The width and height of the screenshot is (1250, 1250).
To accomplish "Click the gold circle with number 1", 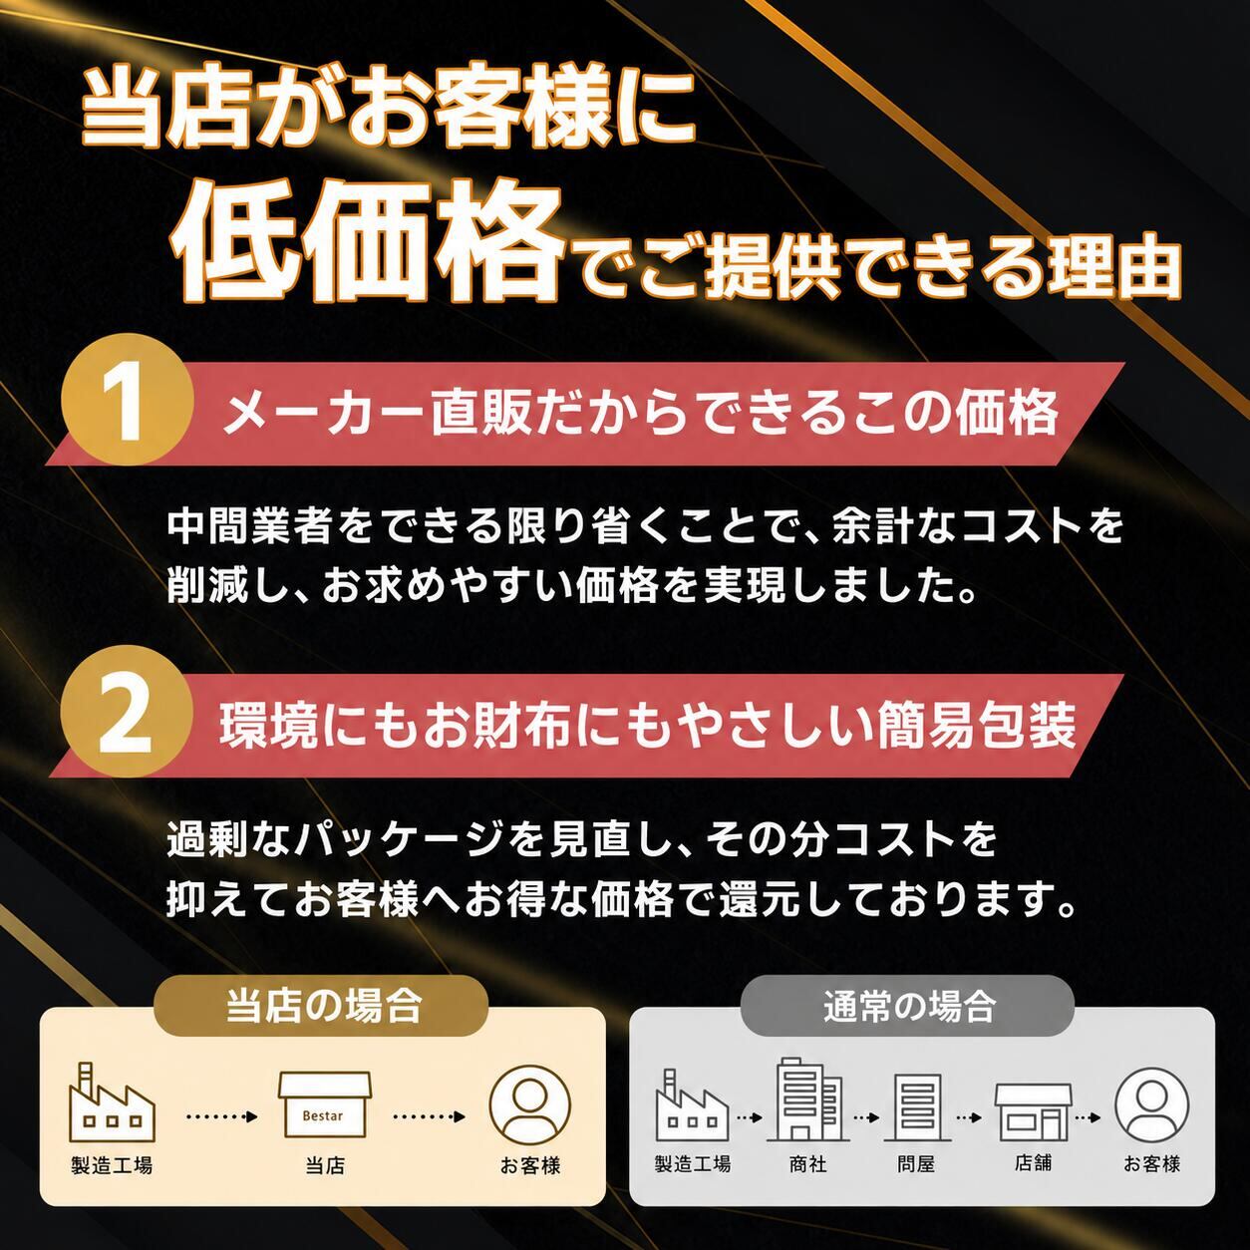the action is point(128,399).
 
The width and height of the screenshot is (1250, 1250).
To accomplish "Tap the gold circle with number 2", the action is point(128,712).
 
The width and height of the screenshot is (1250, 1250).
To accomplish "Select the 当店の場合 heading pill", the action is point(321,1006).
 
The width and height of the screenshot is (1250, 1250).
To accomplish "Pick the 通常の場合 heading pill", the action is point(907,1006).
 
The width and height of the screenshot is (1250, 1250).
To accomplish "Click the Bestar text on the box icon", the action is point(322,1116).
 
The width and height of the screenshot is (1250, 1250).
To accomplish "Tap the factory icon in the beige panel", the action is point(112,1101).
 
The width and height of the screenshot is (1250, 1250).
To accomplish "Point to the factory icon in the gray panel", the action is point(692,1103).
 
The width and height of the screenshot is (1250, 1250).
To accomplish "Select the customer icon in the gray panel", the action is point(1151,1104).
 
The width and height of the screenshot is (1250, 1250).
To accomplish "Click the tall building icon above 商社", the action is point(807,1099).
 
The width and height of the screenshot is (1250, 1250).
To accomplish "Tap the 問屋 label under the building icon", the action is point(915,1164).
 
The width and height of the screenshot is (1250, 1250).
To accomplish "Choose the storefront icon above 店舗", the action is point(1034,1112).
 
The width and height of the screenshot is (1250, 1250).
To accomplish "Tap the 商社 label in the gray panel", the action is point(807,1164).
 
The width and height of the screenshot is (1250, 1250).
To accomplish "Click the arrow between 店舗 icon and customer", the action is point(1088,1117).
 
